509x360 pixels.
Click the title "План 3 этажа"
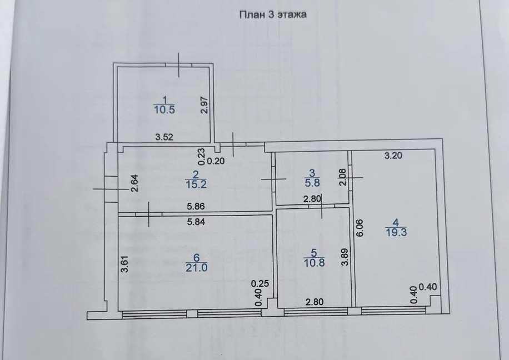tap(273, 14)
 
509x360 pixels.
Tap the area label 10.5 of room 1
tap(164, 109)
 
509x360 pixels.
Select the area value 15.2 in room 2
tap(196, 184)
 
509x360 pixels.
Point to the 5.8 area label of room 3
tap(312, 183)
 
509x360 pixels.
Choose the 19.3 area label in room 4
tap(396, 232)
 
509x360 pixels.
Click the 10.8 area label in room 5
tap(314, 262)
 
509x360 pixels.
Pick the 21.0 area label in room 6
tap(196, 267)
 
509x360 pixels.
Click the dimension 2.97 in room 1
tap(204, 105)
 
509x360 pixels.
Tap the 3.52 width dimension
tap(164, 137)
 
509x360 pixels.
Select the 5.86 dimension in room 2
tap(196, 206)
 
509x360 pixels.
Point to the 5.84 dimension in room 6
tap(196, 222)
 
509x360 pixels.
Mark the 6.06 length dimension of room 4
tap(360, 228)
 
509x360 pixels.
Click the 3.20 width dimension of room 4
tap(393, 156)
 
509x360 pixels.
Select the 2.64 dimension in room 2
tap(134, 183)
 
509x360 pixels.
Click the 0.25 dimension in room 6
tap(260, 284)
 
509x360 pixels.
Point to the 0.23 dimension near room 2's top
tap(202, 157)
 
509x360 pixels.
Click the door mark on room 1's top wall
tap(179, 65)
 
